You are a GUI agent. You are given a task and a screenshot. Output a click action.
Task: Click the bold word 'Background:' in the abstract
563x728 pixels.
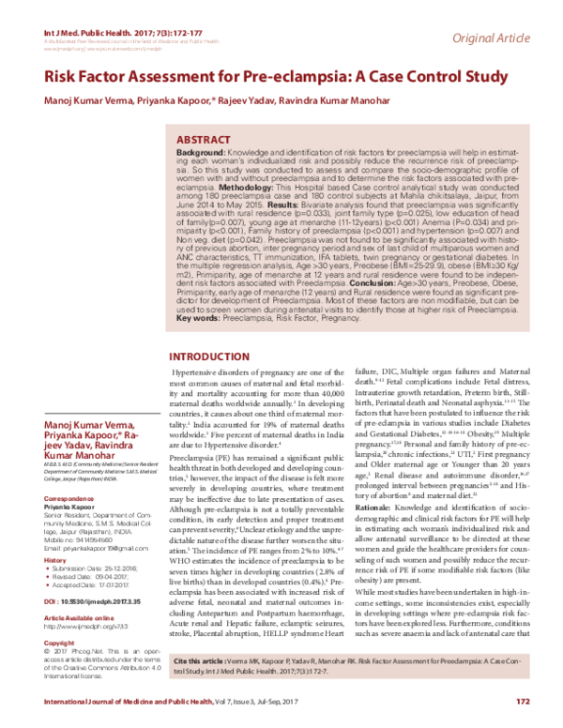[201, 151]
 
